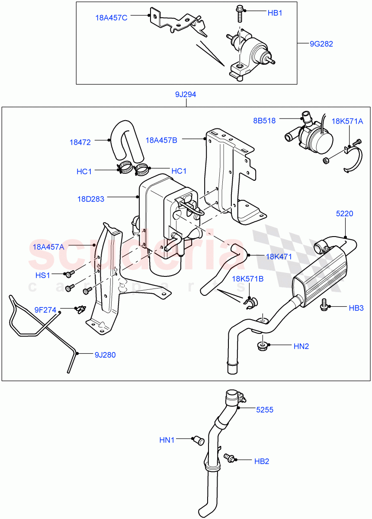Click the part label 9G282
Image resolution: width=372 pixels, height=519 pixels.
point(321,44)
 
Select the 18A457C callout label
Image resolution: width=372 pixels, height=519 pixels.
point(111,18)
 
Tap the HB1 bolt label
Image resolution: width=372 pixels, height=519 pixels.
point(275,13)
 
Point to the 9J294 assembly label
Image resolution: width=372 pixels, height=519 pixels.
point(186,94)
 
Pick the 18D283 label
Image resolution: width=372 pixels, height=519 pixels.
point(90,199)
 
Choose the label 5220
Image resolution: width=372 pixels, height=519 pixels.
point(345,213)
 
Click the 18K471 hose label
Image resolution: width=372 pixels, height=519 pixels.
point(279,256)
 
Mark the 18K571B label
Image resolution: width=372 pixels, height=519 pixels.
point(248,279)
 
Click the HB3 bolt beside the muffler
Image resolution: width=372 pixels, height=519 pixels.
point(323,305)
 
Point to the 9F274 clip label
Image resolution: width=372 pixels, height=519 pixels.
point(45,309)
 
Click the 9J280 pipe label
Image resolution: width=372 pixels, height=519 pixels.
point(105,355)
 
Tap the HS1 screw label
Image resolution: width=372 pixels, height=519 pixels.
point(42,275)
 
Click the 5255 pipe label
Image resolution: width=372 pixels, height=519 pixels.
point(264,409)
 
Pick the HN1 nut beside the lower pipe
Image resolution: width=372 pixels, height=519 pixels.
point(199,441)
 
